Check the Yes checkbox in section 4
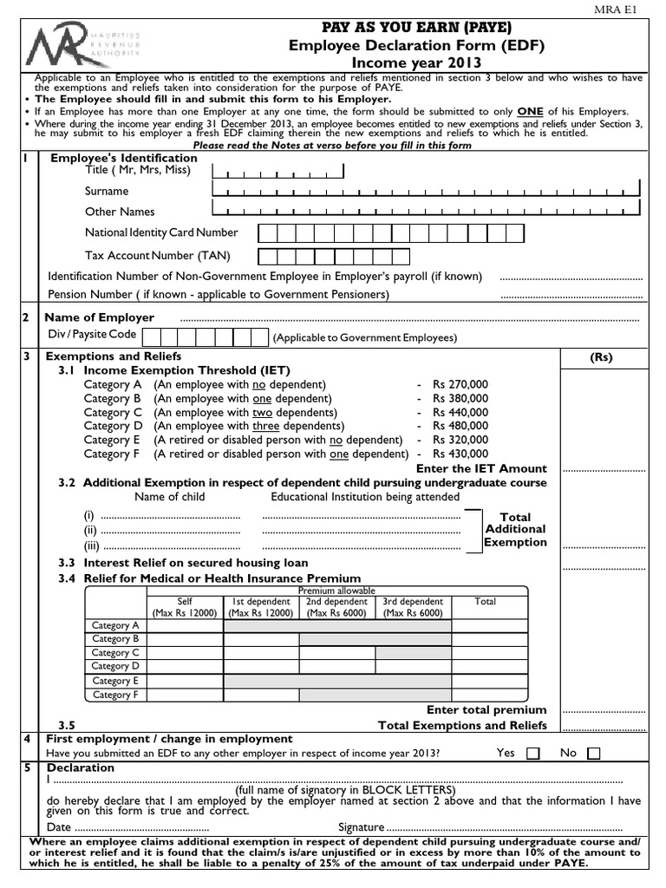(x=532, y=754)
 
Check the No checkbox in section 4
(x=593, y=754)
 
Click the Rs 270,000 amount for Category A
(x=460, y=384)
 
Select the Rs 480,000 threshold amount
(x=460, y=426)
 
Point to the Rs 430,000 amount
(x=460, y=454)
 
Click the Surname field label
(x=107, y=191)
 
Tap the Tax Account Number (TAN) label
(x=158, y=256)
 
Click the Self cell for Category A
(x=185, y=625)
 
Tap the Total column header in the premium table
(x=486, y=601)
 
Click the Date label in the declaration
(x=59, y=827)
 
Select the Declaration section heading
(x=80, y=767)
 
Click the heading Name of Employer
(x=99, y=317)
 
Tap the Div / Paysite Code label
(x=92, y=334)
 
